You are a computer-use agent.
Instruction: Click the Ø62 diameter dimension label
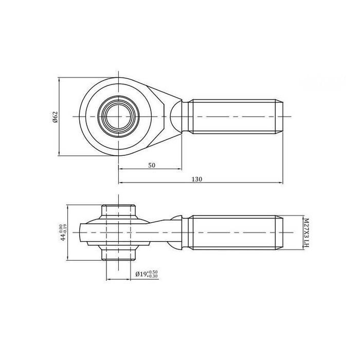click(55, 117)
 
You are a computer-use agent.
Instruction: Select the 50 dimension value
click(152, 165)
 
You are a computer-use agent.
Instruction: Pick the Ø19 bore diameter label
click(140, 275)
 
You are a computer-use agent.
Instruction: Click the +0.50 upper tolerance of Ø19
click(152, 272)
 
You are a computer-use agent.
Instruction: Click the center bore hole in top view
click(119, 117)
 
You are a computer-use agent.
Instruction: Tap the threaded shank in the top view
click(234, 117)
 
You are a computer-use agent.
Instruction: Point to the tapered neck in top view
click(172, 117)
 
